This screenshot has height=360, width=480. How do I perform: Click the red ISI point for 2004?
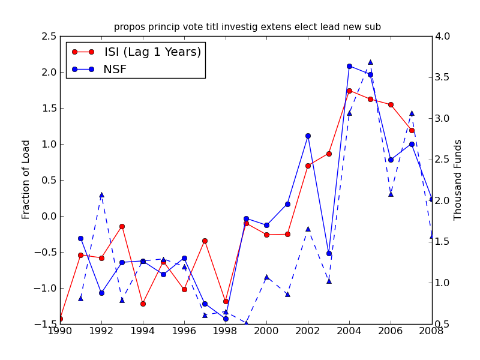349,91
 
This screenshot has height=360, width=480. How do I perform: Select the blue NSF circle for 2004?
349,66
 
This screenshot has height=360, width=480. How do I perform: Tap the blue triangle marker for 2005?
370,62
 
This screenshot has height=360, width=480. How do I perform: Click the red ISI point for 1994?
143,304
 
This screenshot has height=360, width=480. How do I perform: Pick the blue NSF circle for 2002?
308,136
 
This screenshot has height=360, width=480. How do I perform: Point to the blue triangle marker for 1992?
101,194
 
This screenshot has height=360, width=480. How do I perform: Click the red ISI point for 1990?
60,319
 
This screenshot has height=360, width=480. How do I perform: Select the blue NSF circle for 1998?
226,319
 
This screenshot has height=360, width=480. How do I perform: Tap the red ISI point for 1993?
122,226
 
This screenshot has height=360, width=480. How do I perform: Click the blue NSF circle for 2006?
391,160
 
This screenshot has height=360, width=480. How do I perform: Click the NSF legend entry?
115,70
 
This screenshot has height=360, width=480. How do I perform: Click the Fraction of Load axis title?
26,179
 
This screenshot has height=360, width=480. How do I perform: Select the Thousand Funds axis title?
458,179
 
